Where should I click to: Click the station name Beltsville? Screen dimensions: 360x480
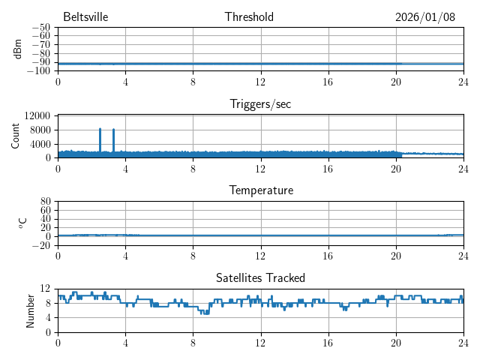click(x=85, y=17)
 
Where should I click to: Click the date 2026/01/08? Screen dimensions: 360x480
click(x=425, y=17)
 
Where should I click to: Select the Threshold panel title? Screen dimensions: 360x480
click(x=249, y=17)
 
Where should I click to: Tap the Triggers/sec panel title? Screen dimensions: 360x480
click(x=260, y=104)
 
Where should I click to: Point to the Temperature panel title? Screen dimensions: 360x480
click(x=260, y=190)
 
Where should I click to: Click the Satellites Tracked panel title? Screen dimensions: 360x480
click(x=260, y=278)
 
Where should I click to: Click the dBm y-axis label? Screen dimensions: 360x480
click(x=18, y=49)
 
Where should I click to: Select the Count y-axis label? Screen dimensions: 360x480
click(x=16, y=136)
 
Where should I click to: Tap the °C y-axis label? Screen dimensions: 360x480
click(x=22, y=223)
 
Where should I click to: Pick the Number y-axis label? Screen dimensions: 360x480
click(x=30, y=310)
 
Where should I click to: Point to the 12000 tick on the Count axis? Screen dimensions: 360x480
click(x=37, y=116)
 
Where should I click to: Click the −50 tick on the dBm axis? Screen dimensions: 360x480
click(x=40, y=28)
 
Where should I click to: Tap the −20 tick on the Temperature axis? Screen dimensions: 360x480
click(x=40, y=245)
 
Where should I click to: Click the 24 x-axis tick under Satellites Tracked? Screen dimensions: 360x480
click(x=463, y=342)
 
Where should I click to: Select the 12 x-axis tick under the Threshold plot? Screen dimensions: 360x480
click(x=260, y=81)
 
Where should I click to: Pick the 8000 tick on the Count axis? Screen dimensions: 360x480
click(x=40, y=130)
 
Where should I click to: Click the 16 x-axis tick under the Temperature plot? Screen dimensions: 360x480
click(x=328, y=255)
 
